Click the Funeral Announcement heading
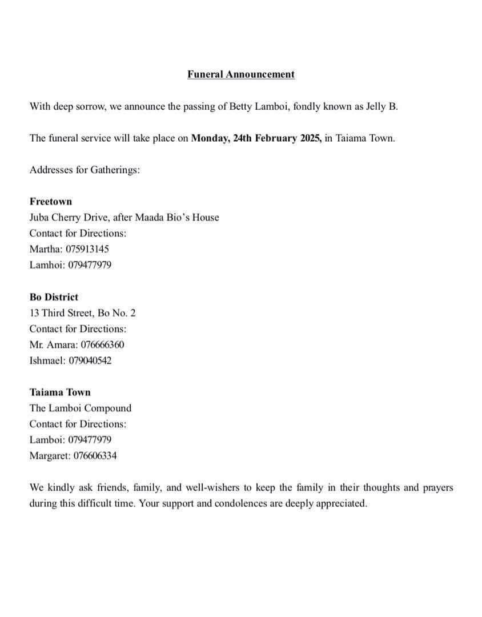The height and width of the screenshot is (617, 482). pos(240,74)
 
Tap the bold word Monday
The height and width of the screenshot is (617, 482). pos(210,138)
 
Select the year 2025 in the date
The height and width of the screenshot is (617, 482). pos(310,138)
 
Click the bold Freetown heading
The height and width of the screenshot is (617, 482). pos(51,202)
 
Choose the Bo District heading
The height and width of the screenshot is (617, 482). pos(54,297)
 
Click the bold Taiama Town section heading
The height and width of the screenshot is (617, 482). pos(60,392)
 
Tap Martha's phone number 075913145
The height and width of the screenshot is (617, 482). pos(87,249)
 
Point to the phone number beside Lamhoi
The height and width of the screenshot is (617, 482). pos(90,265)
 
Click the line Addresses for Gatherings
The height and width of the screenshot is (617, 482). pos(85,170)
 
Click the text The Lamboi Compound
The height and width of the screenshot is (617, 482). pos(81,408)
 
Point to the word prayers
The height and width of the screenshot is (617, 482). pos(437,488)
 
